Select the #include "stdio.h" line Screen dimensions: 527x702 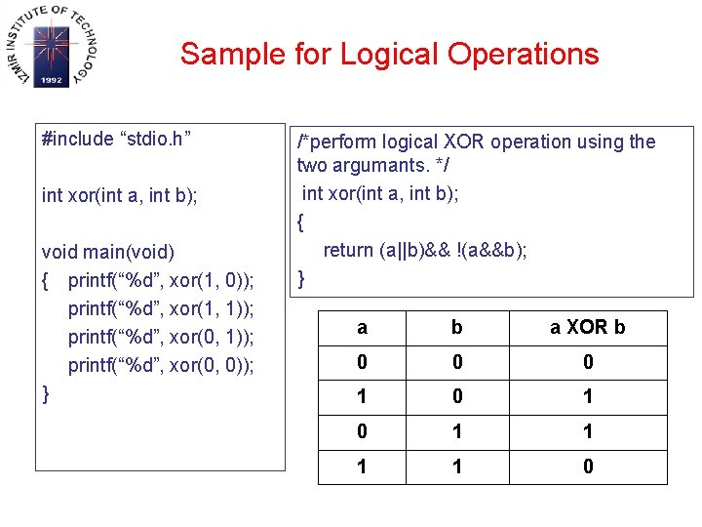116,139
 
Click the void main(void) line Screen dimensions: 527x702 108,253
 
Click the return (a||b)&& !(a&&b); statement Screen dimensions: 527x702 425,250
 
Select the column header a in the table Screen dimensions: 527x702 363,328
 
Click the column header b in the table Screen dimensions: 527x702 456,328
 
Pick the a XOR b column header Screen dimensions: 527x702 588,328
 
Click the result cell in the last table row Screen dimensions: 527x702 588,466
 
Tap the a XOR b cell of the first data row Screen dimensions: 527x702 588,362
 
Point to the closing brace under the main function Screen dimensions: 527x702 47,394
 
